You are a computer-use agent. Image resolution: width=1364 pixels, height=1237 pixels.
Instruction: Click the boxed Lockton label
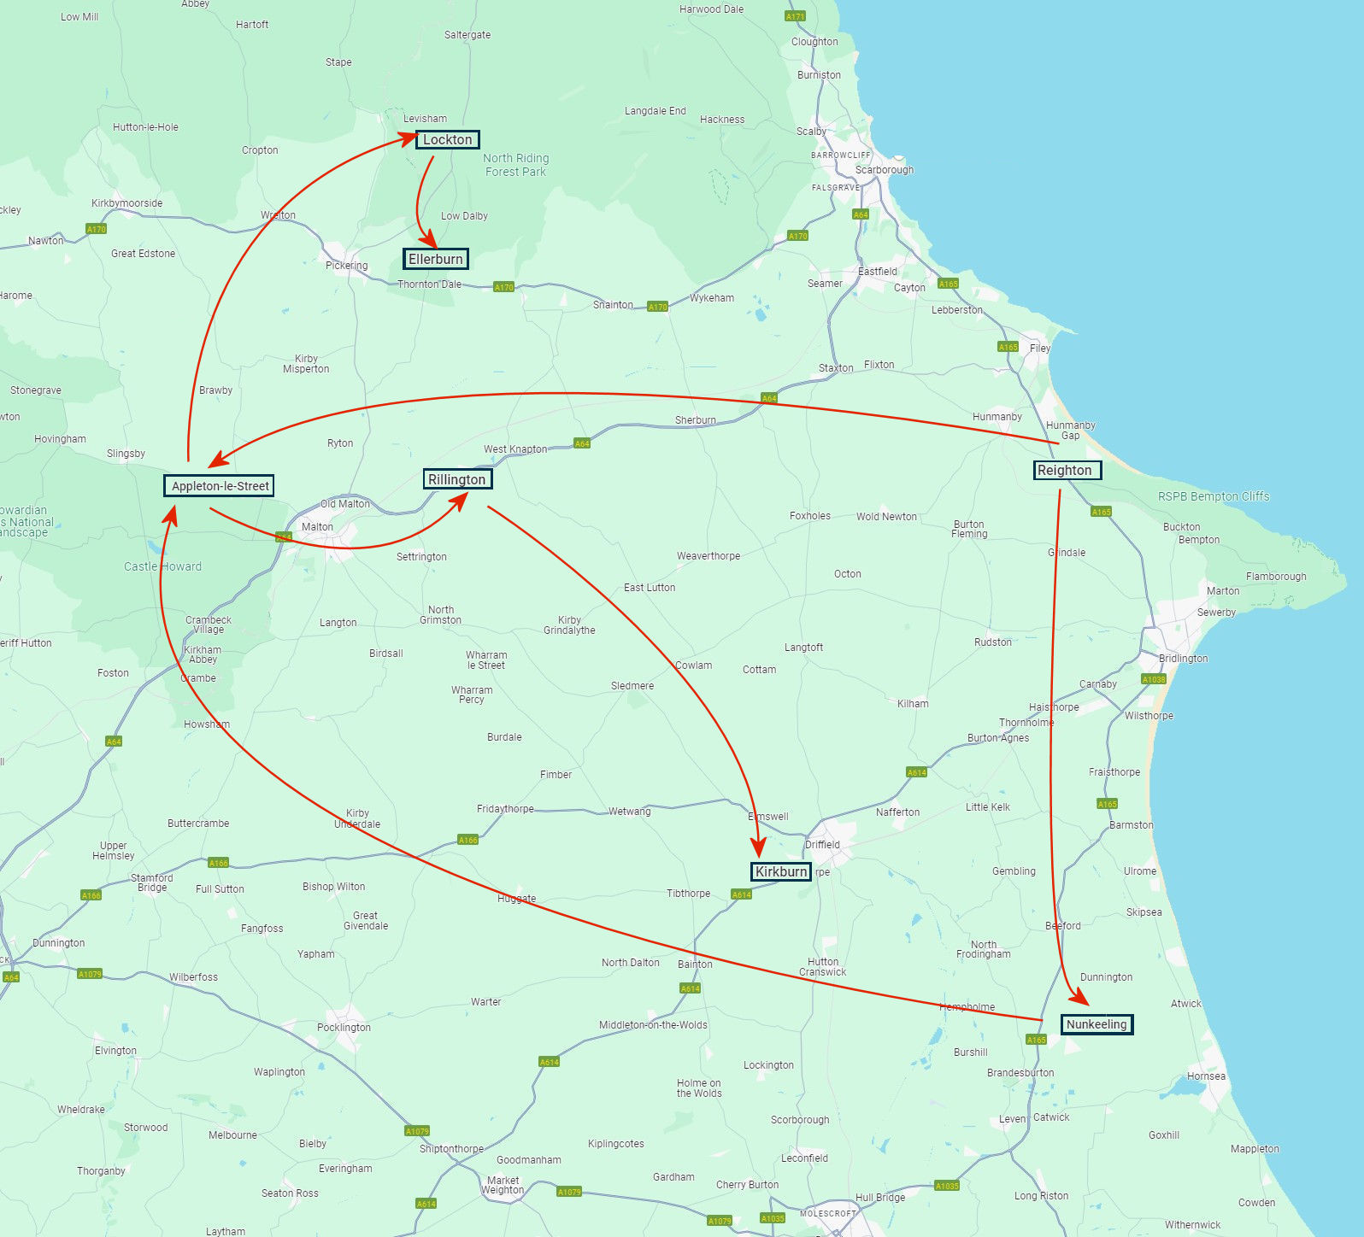[447, 139]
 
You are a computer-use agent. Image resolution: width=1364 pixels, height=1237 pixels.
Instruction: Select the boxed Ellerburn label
[436, 259]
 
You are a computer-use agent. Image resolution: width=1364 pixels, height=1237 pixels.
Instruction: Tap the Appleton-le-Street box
[220, 486]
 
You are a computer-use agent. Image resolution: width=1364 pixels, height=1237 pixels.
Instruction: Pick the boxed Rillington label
[457, 479]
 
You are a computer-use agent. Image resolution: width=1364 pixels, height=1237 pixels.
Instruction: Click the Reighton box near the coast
[1067, 470]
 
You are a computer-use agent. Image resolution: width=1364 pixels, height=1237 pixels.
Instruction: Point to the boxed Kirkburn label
[780, 871]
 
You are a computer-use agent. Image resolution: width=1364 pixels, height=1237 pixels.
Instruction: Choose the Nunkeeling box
[1096, 1024]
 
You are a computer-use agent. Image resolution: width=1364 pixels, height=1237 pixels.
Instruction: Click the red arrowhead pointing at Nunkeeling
[1082, 998]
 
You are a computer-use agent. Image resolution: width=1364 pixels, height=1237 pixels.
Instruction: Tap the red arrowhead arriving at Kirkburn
[758, 848]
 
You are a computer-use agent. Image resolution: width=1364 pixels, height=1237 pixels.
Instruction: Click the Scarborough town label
[885, 169]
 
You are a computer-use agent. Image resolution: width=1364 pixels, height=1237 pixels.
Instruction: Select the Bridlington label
[1183, 659]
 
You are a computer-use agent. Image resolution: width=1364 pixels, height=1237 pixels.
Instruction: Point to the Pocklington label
[344, 1027]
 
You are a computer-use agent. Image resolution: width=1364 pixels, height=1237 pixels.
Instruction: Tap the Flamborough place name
[1276, 577]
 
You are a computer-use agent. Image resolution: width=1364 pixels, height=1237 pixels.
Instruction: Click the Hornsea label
[1206, 1076]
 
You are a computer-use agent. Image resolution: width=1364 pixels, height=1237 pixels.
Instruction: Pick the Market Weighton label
[503, 1185]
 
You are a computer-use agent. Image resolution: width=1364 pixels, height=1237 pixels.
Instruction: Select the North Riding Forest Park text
[515, 165]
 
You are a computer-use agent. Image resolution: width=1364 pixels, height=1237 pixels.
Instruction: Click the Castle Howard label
[162, 566]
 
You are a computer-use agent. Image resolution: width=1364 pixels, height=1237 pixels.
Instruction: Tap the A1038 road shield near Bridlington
[1153, 679]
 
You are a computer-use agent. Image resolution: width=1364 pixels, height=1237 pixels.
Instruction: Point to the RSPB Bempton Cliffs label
[1213, 496]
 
